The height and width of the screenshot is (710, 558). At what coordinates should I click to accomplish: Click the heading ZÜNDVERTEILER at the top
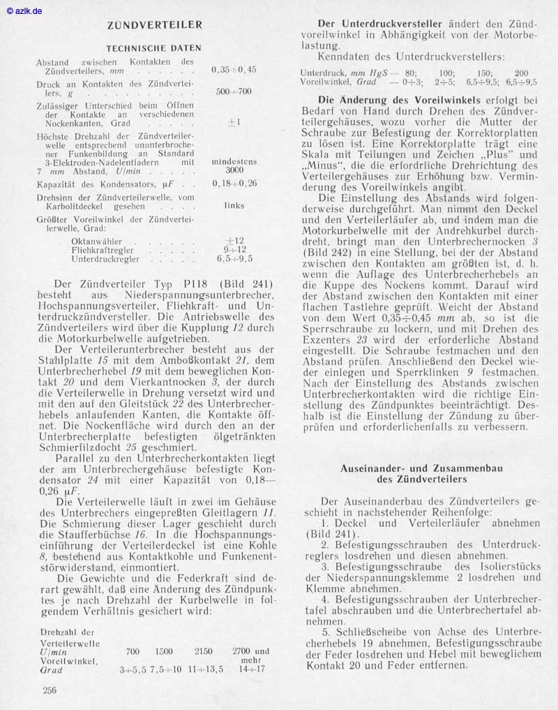(x=155, y=25)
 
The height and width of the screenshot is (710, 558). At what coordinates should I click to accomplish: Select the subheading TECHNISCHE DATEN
(x=153, y=48)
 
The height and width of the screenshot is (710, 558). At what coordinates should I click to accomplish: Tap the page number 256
(x=49, y=690)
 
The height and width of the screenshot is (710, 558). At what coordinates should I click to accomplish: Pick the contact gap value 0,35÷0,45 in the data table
(x=234, y=70)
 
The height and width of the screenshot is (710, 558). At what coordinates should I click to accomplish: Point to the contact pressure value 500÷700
(x=234, y=91)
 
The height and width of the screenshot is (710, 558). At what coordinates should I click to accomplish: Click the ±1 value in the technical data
(x=234, y=122)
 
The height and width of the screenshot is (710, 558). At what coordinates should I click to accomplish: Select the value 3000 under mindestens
(x=234, y=170)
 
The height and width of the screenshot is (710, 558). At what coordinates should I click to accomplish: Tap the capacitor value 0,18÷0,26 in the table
(x=234, y=184)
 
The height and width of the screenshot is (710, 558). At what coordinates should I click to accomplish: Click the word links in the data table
(x=234, y=206)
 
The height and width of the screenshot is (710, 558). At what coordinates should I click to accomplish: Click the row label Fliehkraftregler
(x=104, y=249)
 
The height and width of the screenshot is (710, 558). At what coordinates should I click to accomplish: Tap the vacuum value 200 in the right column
(x=521, y=73)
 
